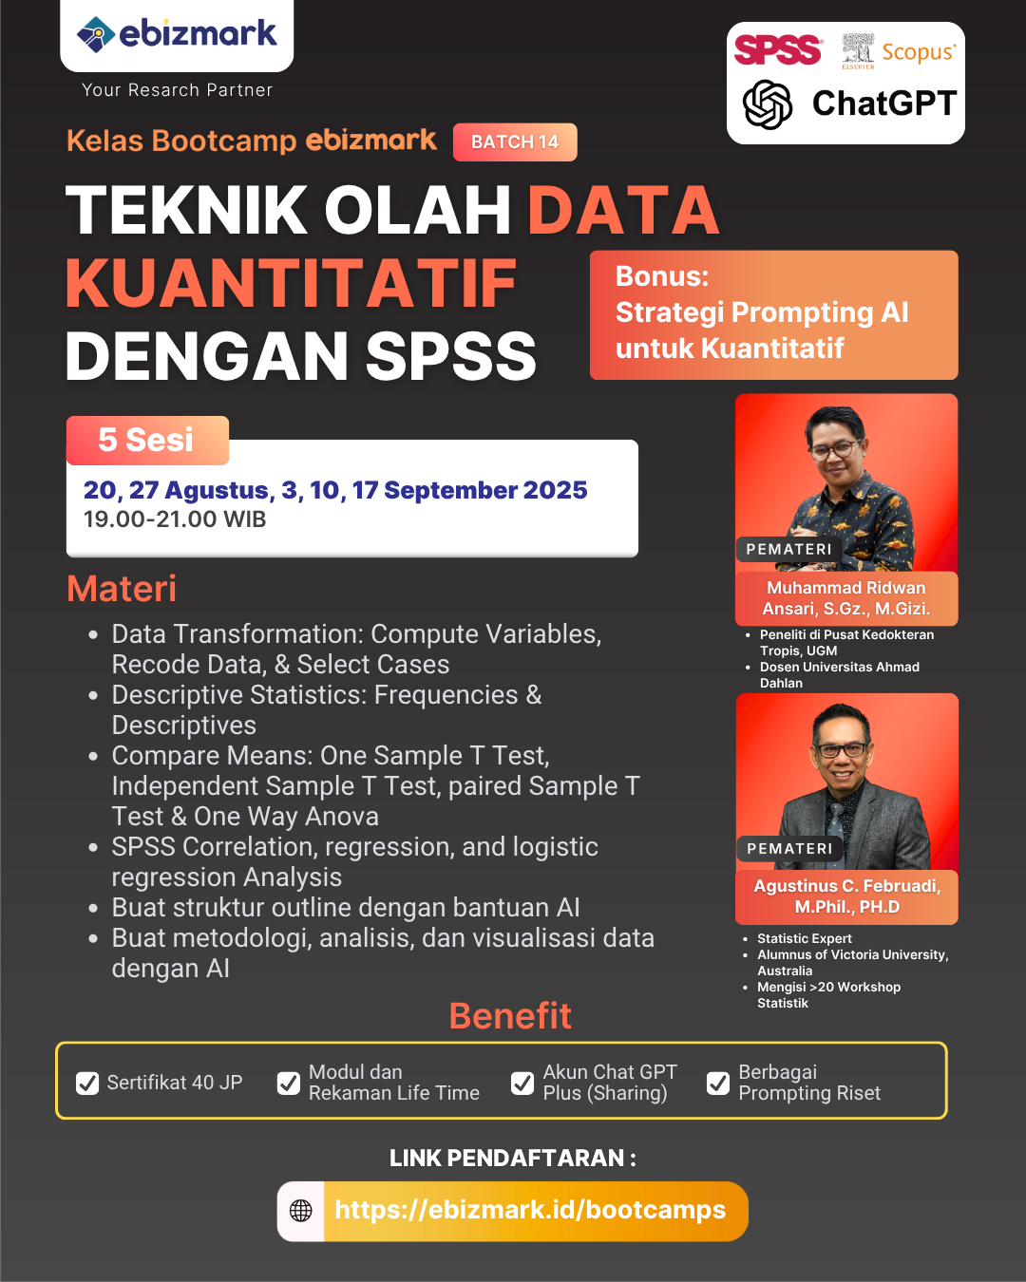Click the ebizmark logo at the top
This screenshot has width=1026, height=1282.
(177, 33)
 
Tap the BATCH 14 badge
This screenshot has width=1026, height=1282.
(515, 141)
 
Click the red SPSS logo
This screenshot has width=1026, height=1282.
(778, 49)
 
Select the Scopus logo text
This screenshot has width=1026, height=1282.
(919, 52)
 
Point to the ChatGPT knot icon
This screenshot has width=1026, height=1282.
(768, 104)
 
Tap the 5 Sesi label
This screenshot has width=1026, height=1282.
(145, 440)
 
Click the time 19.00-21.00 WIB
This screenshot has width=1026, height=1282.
(175, 518)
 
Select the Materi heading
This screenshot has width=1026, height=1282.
(122, 589)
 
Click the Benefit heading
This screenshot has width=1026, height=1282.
(510, 1015)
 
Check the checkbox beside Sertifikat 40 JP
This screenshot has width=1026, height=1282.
(87, 1083)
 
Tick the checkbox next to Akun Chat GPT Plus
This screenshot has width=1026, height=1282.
(522, 1083)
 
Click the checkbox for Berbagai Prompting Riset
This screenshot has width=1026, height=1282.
(718, 1083)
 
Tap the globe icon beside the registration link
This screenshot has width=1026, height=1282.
(300, 1211)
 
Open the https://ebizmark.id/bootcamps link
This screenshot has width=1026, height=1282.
(530, 1210)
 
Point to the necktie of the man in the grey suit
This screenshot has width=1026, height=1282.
(836, 829)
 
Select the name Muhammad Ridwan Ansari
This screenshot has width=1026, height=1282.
(845, 598)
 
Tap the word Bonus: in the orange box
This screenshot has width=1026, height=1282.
(662, 276)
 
